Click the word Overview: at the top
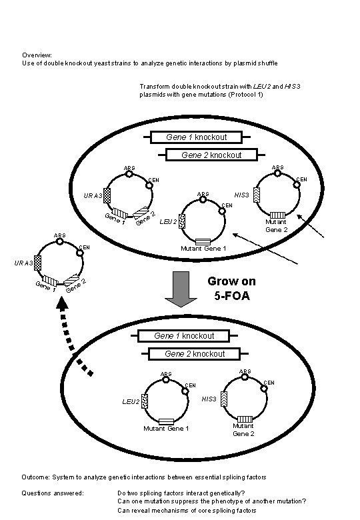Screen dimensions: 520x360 click(x=37, y=55)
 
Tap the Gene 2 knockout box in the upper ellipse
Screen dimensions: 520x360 click(x=211, y=155)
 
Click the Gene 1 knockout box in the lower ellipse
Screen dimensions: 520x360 click(x=184, y=335)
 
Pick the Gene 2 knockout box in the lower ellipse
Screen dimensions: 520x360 click(x=195, y=353)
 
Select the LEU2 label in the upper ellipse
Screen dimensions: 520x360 click(x=169, y=221)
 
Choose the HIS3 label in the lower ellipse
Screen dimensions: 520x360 click(x=209, y=399)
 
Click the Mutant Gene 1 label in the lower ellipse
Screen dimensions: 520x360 click(x=166, y=429)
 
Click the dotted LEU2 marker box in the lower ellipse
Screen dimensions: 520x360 click(x=145, y=401)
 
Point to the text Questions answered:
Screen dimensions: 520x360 click(x=53, y=493)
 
